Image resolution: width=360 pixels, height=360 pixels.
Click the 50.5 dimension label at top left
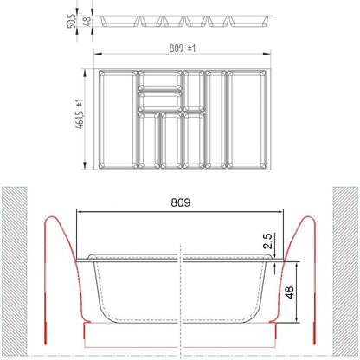73,21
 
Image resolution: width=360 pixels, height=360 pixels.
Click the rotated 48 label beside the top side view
87,21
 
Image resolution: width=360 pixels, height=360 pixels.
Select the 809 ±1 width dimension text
183,48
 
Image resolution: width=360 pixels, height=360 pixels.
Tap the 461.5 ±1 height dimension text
80,113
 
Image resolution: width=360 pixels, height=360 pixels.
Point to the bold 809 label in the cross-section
181,202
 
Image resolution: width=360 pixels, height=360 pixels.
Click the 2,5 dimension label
268,241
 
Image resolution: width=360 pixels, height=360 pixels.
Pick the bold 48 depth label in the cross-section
289,292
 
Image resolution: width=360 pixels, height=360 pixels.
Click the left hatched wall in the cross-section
15,271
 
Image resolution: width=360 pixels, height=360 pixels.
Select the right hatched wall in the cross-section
345,271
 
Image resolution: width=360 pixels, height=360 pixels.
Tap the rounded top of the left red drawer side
52,216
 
